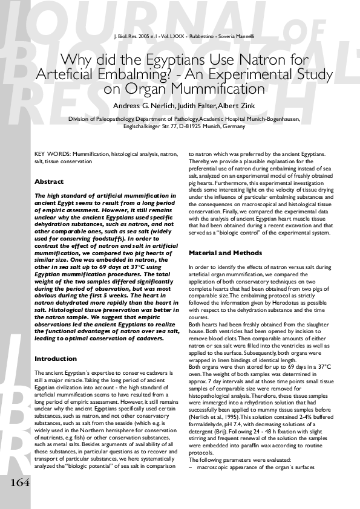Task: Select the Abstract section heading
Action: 49,181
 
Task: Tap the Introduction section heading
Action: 56,359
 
